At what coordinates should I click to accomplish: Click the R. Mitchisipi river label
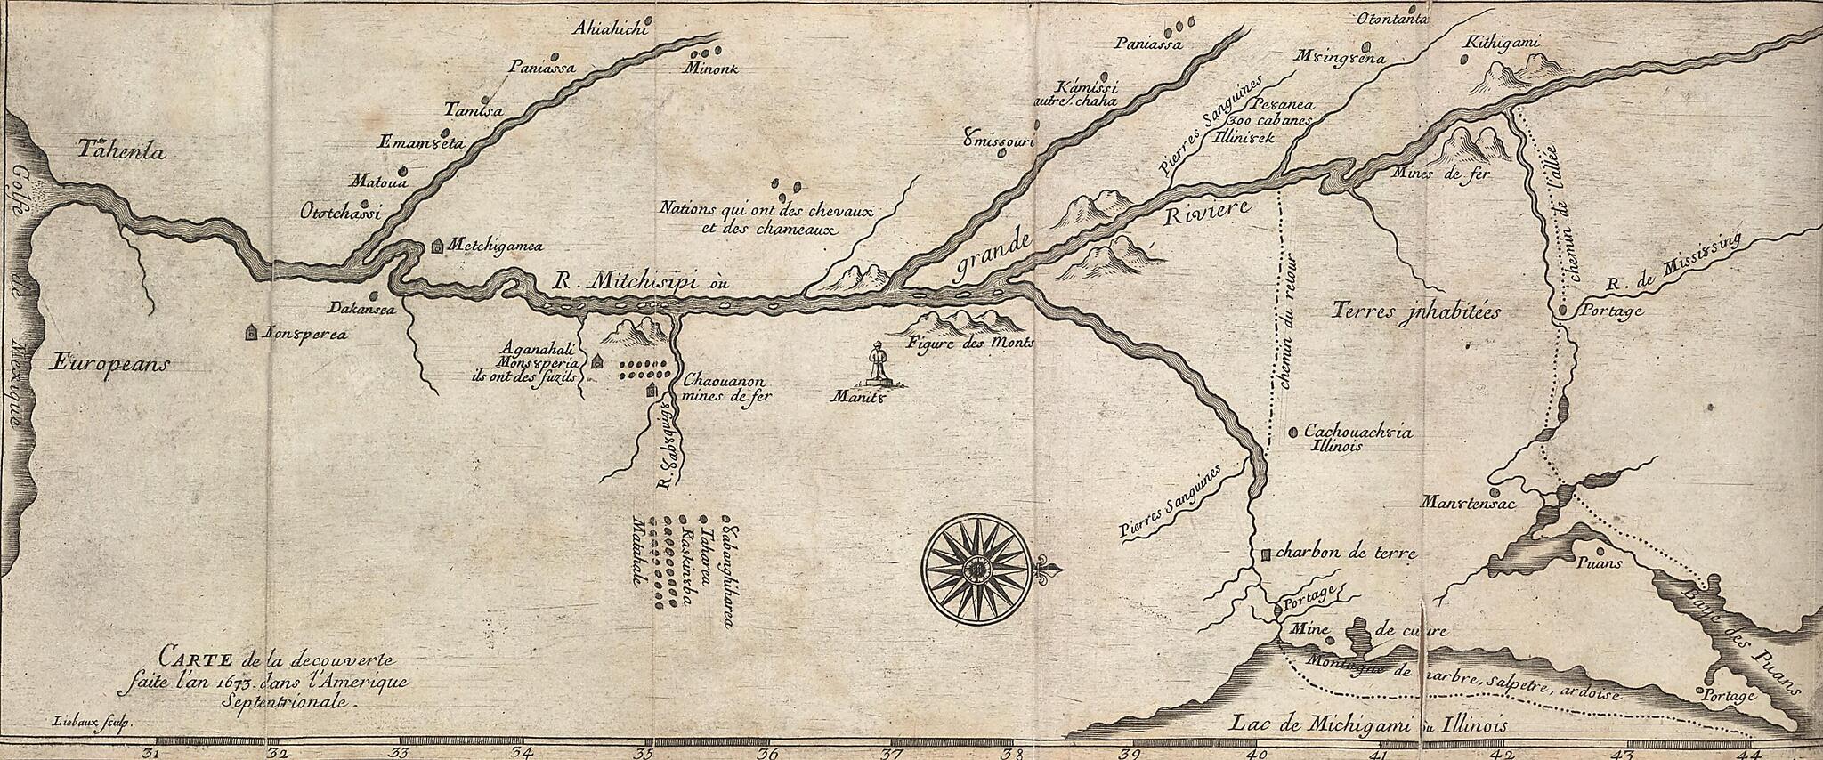click(x=638, y=284)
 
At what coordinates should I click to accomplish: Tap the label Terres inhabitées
click(x=1417, y=311)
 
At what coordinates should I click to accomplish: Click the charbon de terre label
click(x=1345, y=553)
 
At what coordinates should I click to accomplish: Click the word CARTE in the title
click(x=194, y=659)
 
